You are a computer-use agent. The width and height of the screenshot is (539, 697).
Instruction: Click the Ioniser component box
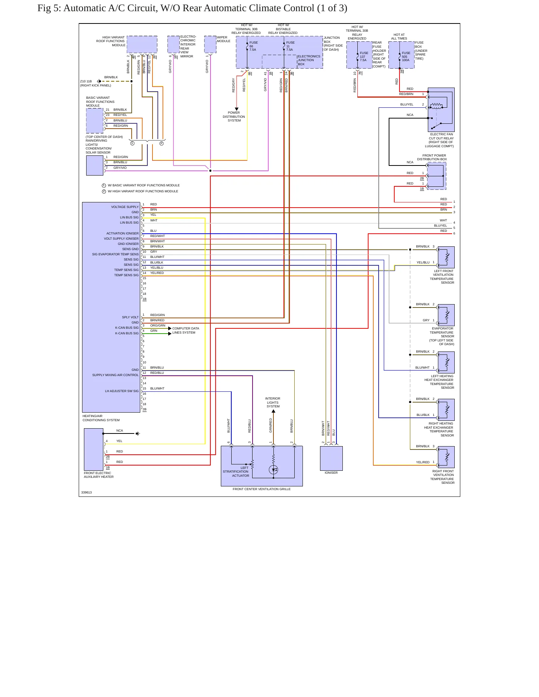(331, 458)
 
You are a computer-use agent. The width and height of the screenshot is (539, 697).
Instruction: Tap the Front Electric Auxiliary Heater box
(94, 450)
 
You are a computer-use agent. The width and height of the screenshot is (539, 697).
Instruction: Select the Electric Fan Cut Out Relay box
(441, 110)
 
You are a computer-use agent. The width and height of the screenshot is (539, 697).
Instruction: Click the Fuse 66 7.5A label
(253, 46)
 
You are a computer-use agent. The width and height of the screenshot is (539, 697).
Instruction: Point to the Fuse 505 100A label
(406, 56)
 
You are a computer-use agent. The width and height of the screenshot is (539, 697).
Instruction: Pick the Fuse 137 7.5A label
(364, 56)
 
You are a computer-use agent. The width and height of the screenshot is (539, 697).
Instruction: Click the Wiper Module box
(210, 44)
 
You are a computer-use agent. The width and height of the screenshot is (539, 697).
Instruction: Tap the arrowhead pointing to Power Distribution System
(236, 109)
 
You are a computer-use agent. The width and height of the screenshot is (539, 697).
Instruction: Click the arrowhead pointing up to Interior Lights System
(273, 411)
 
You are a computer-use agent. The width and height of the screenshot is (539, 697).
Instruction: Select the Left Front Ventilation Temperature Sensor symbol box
(446, 257)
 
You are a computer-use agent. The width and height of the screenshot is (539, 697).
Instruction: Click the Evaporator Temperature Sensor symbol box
(446, 315)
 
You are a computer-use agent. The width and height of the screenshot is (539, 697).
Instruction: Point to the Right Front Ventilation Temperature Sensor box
(446, 457)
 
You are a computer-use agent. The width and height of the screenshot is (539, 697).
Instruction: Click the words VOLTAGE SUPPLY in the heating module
(125, 207)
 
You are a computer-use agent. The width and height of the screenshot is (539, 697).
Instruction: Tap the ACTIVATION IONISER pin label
(122, 233)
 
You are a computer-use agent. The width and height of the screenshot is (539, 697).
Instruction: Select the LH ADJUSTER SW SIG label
(122, 391)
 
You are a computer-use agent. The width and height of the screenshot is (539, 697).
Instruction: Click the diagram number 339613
(87, 492)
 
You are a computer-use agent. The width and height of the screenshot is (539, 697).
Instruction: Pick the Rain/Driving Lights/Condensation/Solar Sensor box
(95, 165)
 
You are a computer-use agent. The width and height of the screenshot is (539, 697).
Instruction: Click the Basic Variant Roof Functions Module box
(95, 121)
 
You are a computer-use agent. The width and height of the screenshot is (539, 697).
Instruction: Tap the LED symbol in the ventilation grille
(273, 470)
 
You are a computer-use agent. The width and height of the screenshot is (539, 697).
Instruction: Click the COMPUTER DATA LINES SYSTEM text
(186, 331)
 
